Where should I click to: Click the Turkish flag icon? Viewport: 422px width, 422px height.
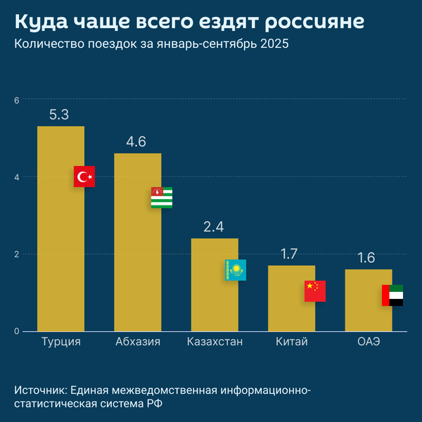[x=84, y=177]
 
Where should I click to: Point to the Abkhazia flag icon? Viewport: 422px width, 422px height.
[x=162, y=198]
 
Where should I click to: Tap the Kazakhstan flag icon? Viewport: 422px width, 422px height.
[x=236, y=270]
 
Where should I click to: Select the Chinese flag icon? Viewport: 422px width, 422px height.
[x=315, y=291]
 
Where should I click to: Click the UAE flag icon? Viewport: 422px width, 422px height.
[x=392, y=295]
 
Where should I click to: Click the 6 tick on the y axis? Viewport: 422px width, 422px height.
[x=17, y=100]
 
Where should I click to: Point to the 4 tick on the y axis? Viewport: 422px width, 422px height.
[x=17, y=177]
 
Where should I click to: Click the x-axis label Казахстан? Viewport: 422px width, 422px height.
[x=215, y=343]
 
